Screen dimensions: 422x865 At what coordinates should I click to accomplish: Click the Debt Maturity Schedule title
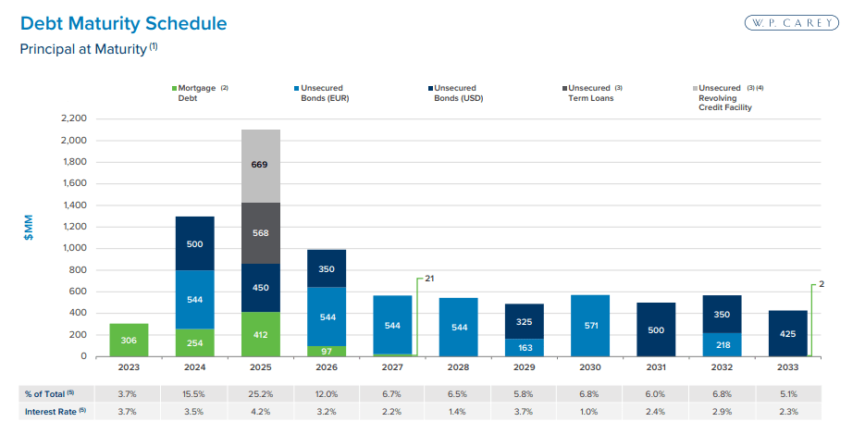[123, 22]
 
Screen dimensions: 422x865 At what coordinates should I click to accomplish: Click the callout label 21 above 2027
[429, 277]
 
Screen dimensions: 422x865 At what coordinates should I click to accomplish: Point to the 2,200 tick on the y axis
[72, 118]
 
